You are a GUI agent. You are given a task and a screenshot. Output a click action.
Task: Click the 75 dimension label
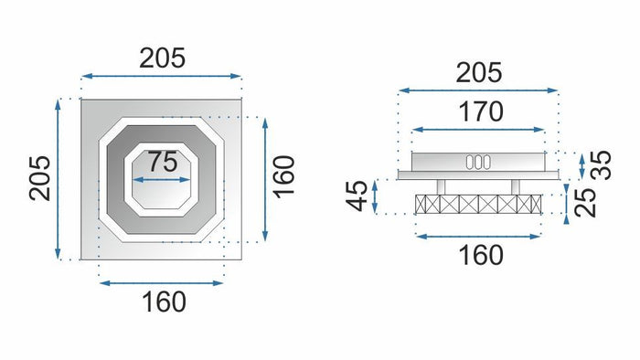[x=163, y=164]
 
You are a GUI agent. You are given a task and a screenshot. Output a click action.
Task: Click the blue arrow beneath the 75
[x=163, y=180]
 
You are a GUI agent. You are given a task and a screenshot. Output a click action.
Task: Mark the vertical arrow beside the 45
[x=378, y=196]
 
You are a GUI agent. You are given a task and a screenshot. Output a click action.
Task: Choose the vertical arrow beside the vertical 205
[x=59, y=177]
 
